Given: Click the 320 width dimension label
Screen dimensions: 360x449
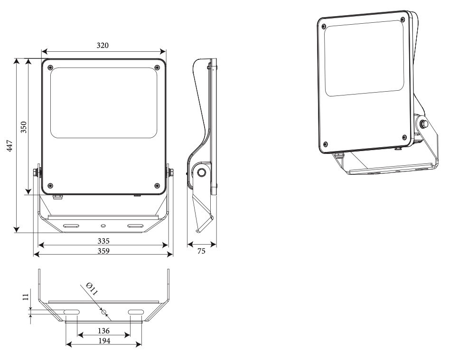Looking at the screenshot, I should click(103, 46).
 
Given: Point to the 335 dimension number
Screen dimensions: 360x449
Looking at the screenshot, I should click(103, 241).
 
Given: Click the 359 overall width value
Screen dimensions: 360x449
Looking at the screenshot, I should click(103, 251).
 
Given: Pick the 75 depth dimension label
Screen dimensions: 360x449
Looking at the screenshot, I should click(202, 251).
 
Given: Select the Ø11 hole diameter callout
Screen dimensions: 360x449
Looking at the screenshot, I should click(92, 290).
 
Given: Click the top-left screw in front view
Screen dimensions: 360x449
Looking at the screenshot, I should click(51, 67).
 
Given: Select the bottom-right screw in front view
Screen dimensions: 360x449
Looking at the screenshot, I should click(157, 185).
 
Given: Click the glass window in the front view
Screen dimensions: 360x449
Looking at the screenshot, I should click(103, 103).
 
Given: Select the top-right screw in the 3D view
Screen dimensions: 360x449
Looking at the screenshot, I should click(402, 19).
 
